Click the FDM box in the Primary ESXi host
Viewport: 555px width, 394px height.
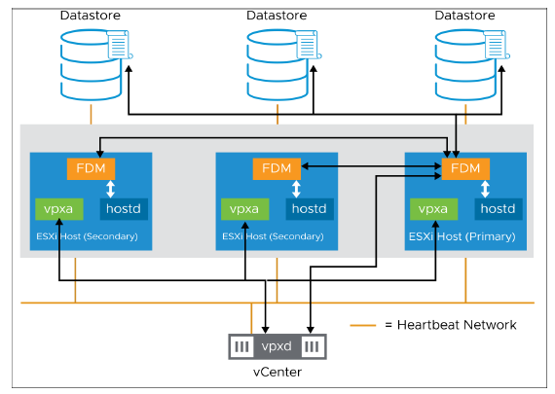[x=465, y=168]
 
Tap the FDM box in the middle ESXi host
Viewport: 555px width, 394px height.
[x=277, y=168]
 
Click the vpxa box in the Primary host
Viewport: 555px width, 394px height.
[x=434, y=208]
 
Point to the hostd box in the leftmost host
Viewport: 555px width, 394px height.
[x=121, y=208]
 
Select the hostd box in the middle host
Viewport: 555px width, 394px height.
[x=307, y=208]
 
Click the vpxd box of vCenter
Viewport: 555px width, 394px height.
[x=277, y=345]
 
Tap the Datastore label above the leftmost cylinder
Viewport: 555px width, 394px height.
[x=92, y=15]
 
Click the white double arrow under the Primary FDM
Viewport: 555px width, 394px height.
[x=465, y=190]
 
